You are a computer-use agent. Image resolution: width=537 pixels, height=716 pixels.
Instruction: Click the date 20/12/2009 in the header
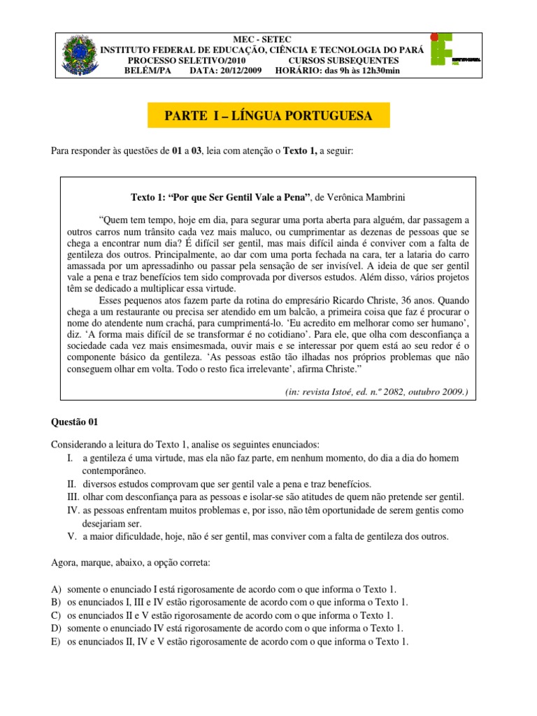click(236, 71)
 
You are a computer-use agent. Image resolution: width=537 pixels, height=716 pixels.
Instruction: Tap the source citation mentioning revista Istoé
click(377, 392)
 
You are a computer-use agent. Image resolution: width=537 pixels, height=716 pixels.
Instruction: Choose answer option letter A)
click(56, 589)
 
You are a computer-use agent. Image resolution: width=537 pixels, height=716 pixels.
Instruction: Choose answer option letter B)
click(56, 602)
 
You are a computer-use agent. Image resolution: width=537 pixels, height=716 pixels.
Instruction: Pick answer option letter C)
click(56, 615)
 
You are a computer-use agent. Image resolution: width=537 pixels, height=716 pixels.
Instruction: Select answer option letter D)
click(56, 629)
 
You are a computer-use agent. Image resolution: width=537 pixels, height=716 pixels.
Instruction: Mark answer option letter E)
click(56, 642)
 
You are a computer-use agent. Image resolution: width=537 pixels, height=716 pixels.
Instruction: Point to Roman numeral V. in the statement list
click(72, 536)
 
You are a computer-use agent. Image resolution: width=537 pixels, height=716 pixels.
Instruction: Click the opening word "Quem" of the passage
click(116, 218)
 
